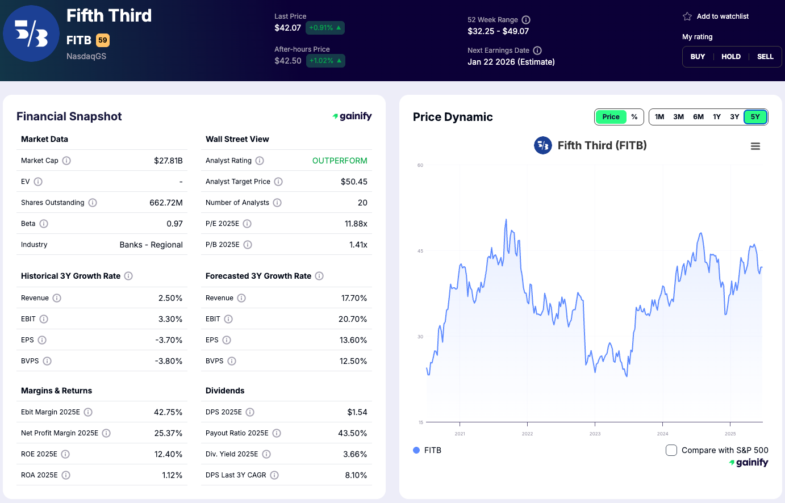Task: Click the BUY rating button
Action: point(698,57)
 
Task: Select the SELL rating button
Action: point(765,57)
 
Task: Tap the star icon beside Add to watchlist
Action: point(687,16)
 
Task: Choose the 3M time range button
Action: point(678,117)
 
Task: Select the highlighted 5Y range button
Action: point(755,117)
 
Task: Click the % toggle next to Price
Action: point(634,117)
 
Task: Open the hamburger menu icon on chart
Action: point(755,146)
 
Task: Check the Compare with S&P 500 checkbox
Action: point(671,450)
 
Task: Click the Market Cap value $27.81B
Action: point(168,161)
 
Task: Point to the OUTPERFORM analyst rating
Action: point(340,161)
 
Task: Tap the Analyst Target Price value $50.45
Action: point(354,182)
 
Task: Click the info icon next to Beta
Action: point(44,224)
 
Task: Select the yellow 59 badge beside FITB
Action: point(103,40)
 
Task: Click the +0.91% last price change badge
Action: point(325,28)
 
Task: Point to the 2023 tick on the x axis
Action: point(595,434)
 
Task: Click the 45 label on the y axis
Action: point(420,251)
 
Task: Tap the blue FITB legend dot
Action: point(416,450)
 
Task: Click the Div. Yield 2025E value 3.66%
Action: point(355,454)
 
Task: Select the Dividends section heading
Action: point(225,391)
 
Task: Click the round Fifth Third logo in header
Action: point(31,34)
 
